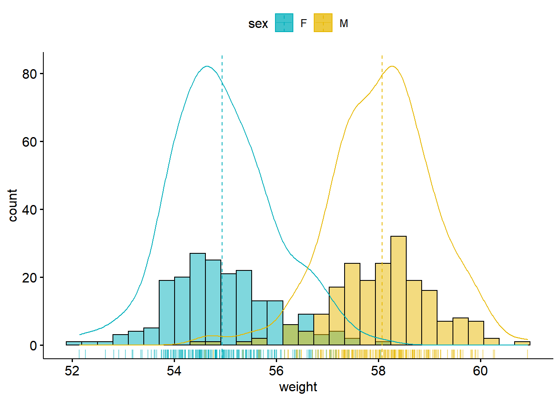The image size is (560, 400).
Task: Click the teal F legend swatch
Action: (284, 23)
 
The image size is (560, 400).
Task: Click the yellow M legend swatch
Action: (323, 23)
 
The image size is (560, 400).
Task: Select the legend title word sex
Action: (258, 24)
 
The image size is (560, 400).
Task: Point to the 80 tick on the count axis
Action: (30, 74)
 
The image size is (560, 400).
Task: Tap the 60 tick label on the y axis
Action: (30, 142)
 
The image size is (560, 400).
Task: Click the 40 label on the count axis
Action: (30, 210)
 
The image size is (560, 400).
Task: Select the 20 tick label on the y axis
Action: (30, 278)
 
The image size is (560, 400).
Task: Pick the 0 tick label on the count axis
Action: (33, 346)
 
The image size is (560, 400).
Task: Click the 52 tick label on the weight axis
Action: (72, 371)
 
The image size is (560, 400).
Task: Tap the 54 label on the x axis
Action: (174, 371)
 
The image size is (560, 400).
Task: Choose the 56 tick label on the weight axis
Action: (276, 371)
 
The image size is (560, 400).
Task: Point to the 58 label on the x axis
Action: (378, 371)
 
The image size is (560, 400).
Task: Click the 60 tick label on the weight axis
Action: (480, 371)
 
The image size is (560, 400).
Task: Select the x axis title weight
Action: (298, 387)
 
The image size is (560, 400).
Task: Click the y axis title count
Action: (13, 205)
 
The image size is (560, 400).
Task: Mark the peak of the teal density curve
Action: (207, 66)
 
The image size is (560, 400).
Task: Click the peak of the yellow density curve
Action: (392, 66)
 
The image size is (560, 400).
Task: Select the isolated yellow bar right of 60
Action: (522, 343)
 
